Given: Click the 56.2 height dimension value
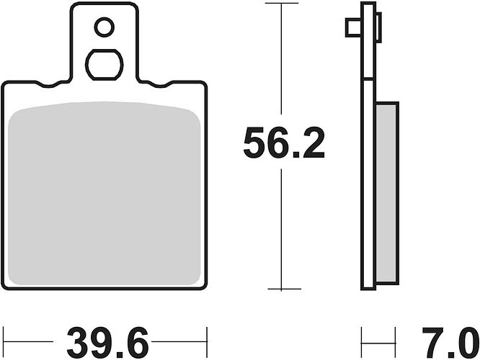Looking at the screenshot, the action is [x=284, y=143].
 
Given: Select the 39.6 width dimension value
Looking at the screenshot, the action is [x=108, y=342].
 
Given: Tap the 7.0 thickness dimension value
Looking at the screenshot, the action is [x=450, y=342].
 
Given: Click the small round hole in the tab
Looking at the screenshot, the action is [x=104, y=27].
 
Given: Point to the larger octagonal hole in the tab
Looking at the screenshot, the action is [x=104, y=65].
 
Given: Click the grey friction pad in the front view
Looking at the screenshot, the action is [x=105, y=194].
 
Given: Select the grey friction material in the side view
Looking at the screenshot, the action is [x=386, y=193].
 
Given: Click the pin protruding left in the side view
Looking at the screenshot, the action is [x=354, y=27].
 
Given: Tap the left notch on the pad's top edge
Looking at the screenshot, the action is [x=48, y=85].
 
